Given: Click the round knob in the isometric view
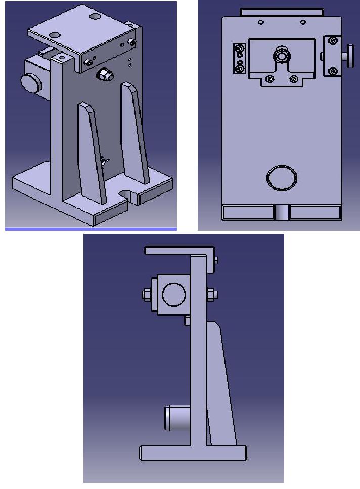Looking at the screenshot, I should pos(31,83).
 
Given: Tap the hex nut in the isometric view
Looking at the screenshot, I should pos(104,75).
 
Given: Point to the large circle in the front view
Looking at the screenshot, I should pos(281,177).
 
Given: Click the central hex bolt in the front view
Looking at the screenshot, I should pos(281,55).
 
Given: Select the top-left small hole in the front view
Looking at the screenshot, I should pos(260,22).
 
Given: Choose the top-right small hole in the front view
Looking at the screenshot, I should pos(302,22).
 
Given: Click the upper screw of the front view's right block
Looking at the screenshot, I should pos(332,41).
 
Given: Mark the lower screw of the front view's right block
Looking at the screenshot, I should pos(332,71).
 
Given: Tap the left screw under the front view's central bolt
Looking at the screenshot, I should pos(269,79).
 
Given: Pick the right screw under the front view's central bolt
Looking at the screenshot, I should pos(293,79).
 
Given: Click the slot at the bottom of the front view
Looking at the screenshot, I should pos(282,213).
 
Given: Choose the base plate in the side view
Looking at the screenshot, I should pos(192,453).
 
